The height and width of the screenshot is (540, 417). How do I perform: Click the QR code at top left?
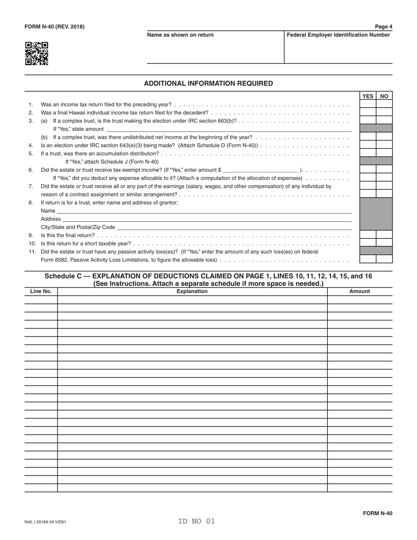pos(36,54)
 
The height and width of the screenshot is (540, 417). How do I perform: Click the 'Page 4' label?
pos(384,26)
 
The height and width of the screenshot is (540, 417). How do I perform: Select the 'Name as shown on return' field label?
pos(180,35)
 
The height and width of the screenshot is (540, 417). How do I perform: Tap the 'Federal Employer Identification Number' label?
pos(338,35)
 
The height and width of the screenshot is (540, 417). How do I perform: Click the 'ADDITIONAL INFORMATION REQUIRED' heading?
pos(208,83)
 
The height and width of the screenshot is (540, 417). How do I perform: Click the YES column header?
pos(368,96)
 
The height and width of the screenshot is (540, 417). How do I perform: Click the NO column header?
pos(384,96)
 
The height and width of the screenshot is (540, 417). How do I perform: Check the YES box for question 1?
pos(368,104)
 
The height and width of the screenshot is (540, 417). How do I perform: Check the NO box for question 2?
pos(384,112)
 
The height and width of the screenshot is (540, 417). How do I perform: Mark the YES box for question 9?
pos(368,235)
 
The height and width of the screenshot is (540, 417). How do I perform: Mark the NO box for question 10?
pos(384,243)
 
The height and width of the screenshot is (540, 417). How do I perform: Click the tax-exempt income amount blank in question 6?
pos(261,169)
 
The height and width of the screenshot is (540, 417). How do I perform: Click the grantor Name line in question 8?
pos(204,211)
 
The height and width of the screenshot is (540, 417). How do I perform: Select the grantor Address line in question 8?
pos(207,219)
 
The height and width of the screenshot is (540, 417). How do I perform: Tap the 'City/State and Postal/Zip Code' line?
pos(234,227)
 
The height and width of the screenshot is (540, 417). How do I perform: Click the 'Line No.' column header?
pos(41,291)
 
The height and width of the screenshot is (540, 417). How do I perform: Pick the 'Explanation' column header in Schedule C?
pos(192,291)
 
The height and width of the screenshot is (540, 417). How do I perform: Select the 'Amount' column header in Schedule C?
pos(359,291)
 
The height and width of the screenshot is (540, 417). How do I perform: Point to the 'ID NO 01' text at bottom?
pos(197,521)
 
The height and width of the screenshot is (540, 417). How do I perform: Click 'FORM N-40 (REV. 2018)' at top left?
pos(54,27)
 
